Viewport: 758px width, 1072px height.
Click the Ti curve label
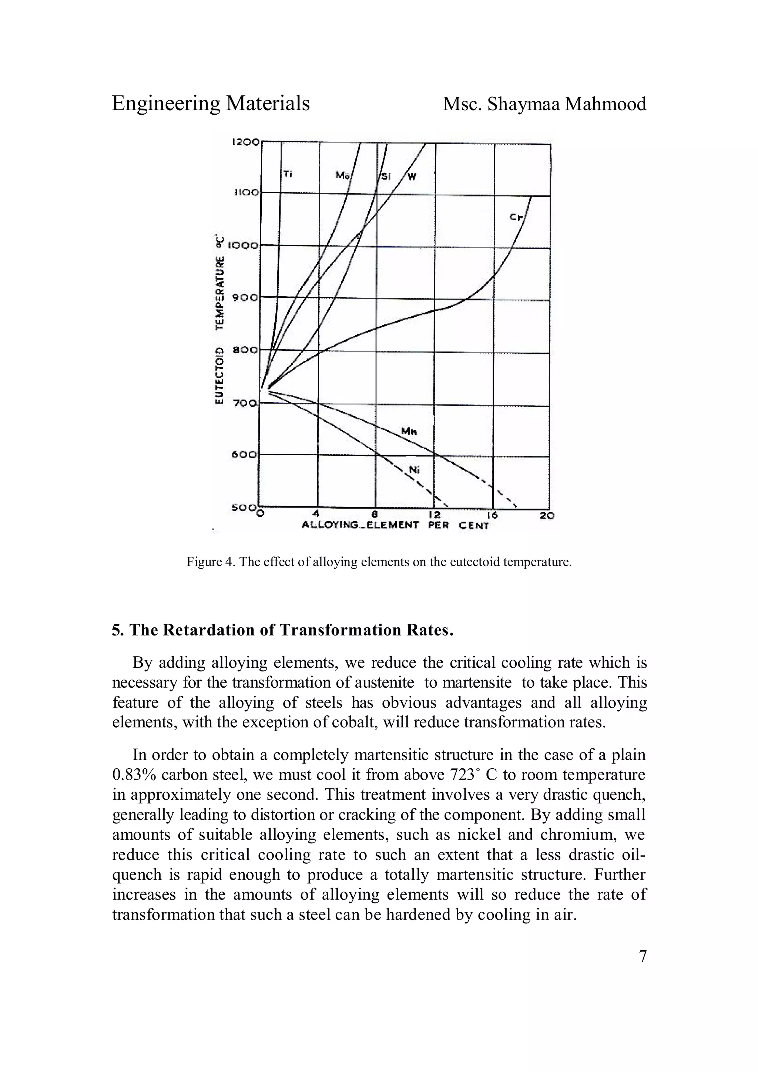click(x=288, y=175)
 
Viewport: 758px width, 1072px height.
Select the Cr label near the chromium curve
click(x=516, y=217)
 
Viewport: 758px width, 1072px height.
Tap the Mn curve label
click(x=408, y=431)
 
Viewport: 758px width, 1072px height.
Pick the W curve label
click(x=412, y=176)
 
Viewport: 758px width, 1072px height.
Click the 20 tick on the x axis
click(x=547, y=515)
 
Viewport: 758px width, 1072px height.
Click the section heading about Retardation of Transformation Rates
click(x=282, y=630)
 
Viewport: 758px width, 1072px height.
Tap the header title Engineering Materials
click(x=211, y=104)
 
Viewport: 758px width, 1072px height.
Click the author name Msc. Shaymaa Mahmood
click(x=544, y=104)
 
